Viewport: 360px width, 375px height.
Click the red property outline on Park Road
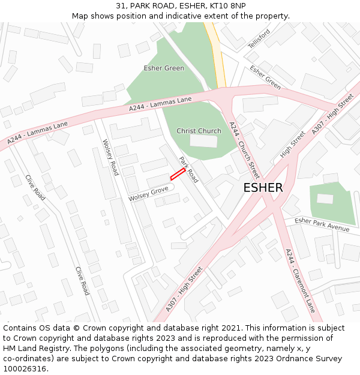pyautogui.click(x=177, y=174)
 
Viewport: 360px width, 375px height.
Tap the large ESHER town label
pyautogui.click(x=263, y=188)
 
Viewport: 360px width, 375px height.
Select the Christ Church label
pyautogui.click(x=199, y=131)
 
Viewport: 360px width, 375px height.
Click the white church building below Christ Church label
pyautogui.click(x=203, y=141)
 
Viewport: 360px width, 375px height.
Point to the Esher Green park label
pyautogui.click(x=164, y=68)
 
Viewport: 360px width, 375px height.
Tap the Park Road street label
pyautogui.click(x=188, y=170)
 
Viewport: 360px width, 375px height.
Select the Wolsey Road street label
pyautogui.click(x=110, y=157)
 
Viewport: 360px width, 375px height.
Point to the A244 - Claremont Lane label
pyautogui.click(x=300, y=280)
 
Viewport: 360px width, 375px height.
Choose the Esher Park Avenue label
pyautogui.click(x=322, y=224)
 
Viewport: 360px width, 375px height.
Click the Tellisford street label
pyautogui.click(x=259, y=39)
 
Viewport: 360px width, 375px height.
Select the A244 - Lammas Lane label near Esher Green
pyautogui.click(x=160, y=104)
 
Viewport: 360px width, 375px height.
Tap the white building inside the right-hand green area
pyautogui.click(x=325, y=199)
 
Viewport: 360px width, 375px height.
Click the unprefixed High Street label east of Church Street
pyautogui.click(x=293, y=145)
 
